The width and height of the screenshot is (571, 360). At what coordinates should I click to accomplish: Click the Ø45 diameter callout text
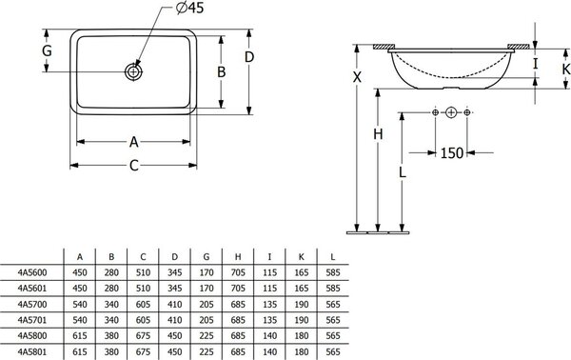(189, 8)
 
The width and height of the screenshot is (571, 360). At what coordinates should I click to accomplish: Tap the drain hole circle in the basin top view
(133, 71)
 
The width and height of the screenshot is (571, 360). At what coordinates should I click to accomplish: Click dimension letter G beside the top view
(47, 51)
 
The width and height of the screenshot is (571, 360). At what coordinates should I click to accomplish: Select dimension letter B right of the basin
(222, 72)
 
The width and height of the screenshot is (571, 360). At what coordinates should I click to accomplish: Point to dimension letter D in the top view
(249, 57)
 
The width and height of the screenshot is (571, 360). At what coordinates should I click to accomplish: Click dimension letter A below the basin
(134, 142)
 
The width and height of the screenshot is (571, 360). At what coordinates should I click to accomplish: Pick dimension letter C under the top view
(134, 166)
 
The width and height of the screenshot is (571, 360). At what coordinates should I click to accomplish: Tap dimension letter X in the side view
(357, 77)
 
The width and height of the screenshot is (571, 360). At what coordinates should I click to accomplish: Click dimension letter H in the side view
(378, 134)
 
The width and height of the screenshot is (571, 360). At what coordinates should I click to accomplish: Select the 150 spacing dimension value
(452, 153)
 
